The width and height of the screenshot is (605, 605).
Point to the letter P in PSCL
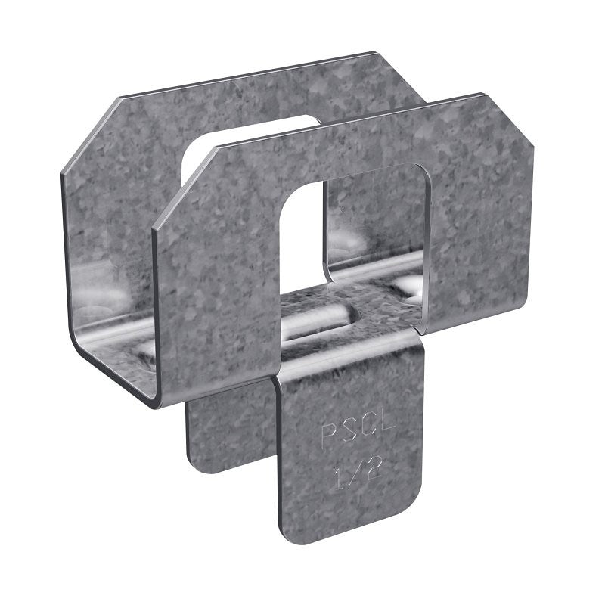[330, 436]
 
